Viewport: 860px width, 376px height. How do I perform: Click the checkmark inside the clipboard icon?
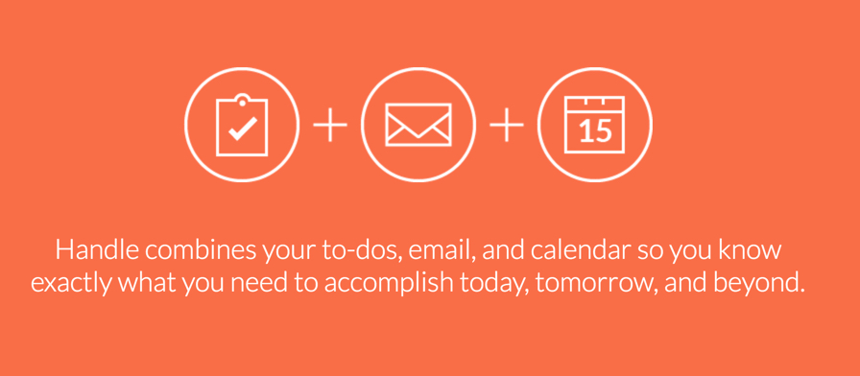[x=243, y=128]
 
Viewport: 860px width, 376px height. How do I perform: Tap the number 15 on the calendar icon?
[x=594, y=131]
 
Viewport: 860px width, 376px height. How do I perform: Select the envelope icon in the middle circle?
[x=418, y=125]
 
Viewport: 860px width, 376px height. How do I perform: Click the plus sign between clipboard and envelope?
[x=330, y=125]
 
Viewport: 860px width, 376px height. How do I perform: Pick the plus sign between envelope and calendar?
[x=507, y=125]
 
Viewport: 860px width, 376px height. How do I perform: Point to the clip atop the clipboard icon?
[x=243, y=101]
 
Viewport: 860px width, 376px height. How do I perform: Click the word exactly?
[x=73, y=284]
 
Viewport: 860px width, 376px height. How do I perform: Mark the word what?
[x=146, y=283]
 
